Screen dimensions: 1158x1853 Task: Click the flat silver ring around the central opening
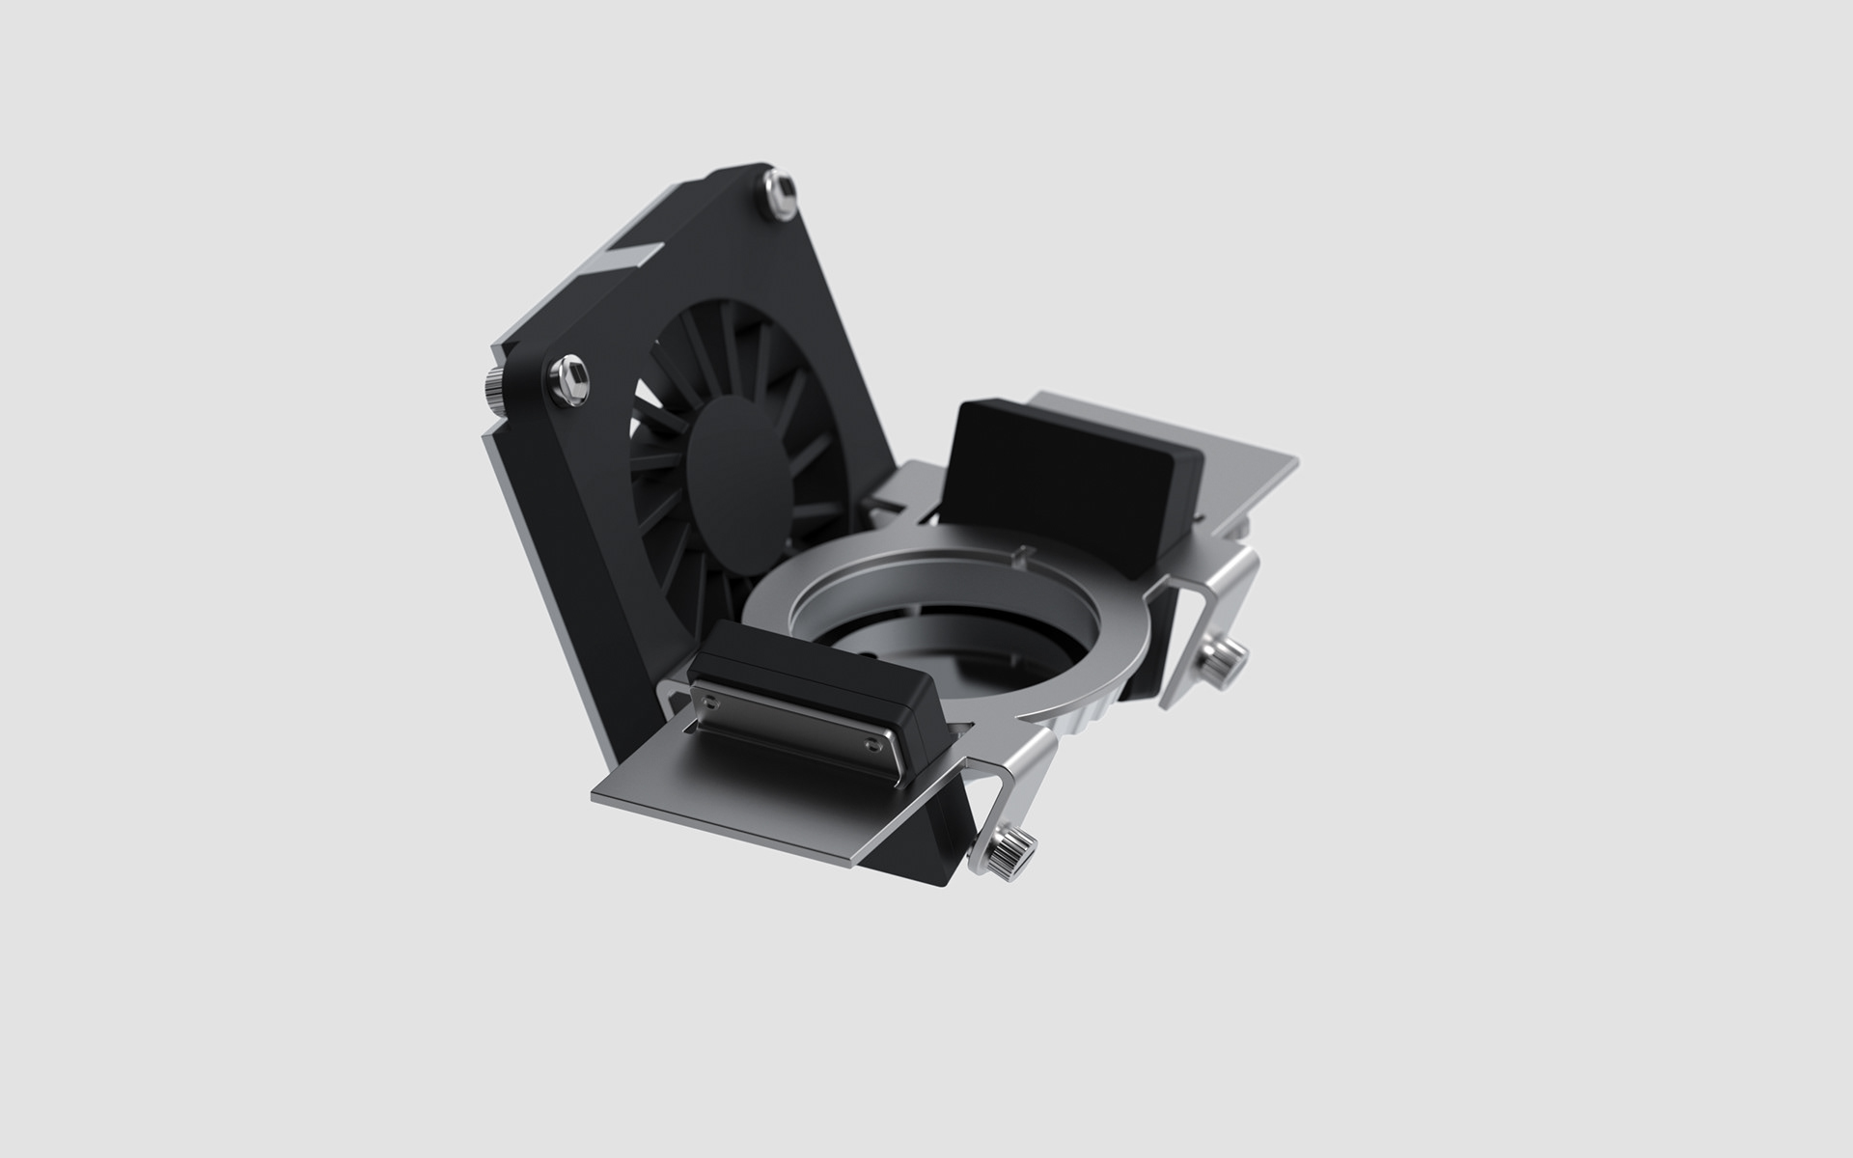(1110, 656)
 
